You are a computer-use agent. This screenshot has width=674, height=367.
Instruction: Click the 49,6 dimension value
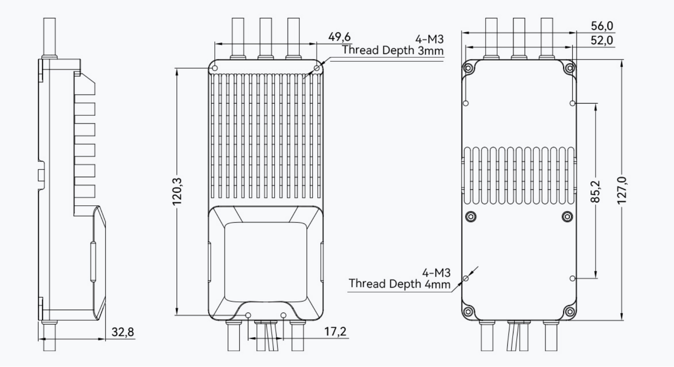(339, 37)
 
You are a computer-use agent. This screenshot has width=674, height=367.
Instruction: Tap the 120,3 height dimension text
(177, 191)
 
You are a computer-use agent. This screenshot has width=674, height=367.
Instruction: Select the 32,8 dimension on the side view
(123, 332)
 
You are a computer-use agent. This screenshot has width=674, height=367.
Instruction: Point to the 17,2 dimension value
(335, 331)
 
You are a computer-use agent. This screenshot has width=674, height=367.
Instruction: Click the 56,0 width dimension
(602, 26)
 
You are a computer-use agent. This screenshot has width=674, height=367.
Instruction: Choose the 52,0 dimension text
(602, 40)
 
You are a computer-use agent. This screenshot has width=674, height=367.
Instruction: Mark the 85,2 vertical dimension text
(596, 191)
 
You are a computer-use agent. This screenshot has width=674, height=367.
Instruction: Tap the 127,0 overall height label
(621, 190)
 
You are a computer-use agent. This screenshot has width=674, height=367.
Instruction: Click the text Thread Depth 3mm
(393, 50)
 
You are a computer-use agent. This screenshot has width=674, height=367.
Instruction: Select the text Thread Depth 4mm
(399, 284)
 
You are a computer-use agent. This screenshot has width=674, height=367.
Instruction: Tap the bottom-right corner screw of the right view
(569, 311)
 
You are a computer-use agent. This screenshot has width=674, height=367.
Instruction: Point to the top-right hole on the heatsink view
(317, 68)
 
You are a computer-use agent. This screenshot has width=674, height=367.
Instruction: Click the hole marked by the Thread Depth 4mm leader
(466, 279)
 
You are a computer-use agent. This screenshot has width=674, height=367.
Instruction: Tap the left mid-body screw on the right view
(471, 216)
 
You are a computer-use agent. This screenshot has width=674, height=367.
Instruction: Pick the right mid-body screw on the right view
(567, 216)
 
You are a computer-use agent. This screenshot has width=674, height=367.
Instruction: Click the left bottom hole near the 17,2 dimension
(248, 315)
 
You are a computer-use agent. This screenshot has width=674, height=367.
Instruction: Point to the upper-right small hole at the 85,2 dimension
(572, 103)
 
